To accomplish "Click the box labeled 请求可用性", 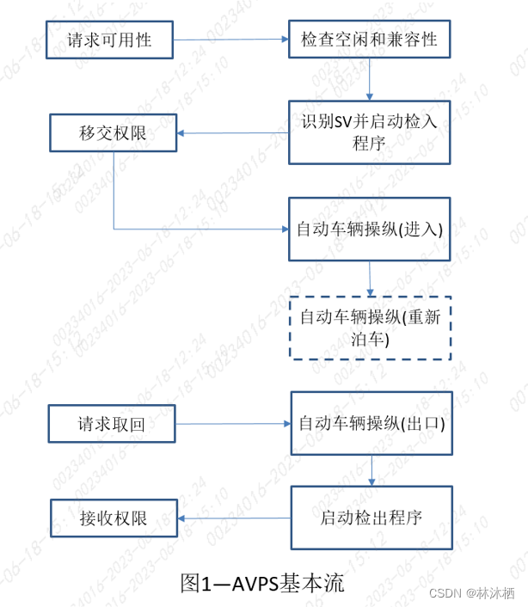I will (x=110, y=39).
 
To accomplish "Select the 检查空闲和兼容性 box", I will (x=369, y=39).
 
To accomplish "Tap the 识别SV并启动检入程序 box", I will (x=369, y=132).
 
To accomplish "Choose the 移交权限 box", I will (x=114, y=133).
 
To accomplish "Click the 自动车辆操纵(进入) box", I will (x=369, y=229).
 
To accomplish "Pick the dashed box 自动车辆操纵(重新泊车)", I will (x=369, y=328).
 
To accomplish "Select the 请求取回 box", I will (x=112, y=423).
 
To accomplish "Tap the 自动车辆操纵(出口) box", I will (x=371, y=423).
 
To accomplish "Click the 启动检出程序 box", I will (x=371, y=518).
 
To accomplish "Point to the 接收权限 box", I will (x=114, y=518).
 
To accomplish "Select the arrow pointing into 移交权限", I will (x=232, y=133).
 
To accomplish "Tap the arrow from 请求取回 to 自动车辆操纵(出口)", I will (x=232, y=423).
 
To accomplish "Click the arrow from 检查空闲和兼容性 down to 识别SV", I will (x=369, y=79).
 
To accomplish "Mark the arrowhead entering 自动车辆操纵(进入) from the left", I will (x=283, y=230).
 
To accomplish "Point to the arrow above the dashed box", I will (x=370, y=278).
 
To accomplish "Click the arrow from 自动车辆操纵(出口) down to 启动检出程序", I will (x=371, y=470).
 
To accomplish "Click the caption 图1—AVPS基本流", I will (x=262, y=583).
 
